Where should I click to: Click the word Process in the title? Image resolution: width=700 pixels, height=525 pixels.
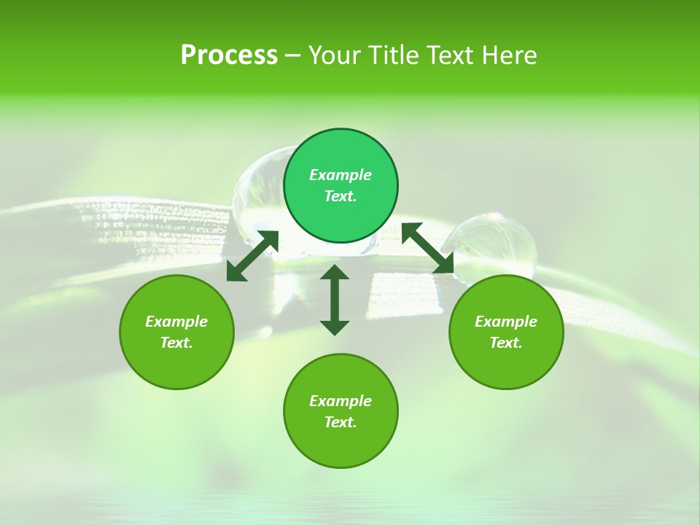pyautogui.click(x=229, y=55)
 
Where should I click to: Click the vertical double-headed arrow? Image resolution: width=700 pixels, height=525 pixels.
pyautogui.click(x=335, y=300)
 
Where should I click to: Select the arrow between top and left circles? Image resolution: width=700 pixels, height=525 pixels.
pyautogui.click(x=252, y=256)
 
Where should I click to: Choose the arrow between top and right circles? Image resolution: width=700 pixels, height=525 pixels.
pyautogui.click(x=428, y=248)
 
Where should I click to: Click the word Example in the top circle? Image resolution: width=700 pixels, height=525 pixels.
pyautogui.click(x=341, y=175)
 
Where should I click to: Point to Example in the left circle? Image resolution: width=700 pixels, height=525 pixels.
pyautogui.click(x=176, y=322)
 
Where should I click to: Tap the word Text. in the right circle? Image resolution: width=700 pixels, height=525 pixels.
pyautogui.click(x=506, y=343)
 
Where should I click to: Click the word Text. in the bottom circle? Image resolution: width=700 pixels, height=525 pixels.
pyautogui.click(x=341, y=422)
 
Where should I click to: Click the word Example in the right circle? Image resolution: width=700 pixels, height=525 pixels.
pyautogui.click(x=506, y=322)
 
